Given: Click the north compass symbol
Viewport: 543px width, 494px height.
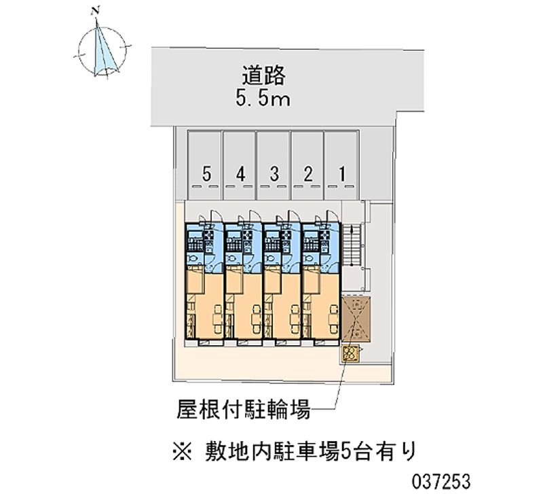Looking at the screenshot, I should coord(103,48).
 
